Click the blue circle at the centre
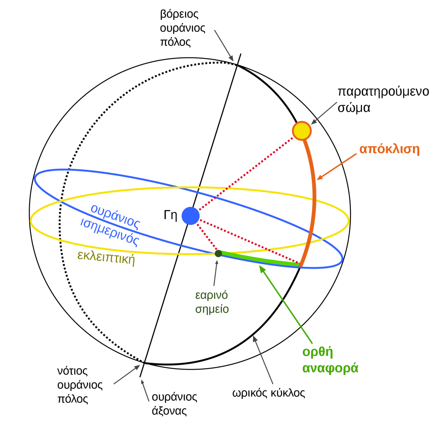(190, 216)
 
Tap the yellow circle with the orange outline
(301, 131)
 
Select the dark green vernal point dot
(218, 253)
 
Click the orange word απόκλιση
(389, 150)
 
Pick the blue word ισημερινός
(110, 233)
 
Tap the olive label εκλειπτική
(106, 257)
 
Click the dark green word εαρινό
(211, 295)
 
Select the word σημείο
(212, 309)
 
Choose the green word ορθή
(317, 352)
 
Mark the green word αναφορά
(330, 368)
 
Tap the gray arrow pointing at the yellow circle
(324, 113)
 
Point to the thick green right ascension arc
(260, 260)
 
